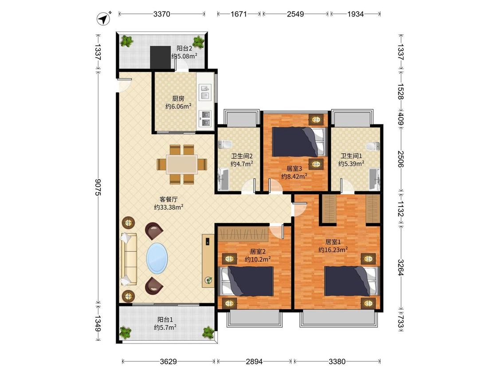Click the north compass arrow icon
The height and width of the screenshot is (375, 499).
(103, 19)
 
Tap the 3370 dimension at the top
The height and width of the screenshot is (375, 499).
(161, 14)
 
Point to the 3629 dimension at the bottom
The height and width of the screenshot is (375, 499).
(169, 361)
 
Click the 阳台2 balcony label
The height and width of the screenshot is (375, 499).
(184, 49)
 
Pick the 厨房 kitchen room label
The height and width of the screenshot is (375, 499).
(178, 99)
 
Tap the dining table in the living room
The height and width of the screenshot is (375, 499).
(182, 164)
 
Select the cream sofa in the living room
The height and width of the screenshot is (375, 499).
(129, 259)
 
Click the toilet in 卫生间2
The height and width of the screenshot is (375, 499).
(225, 144)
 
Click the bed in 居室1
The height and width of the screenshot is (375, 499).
(352, 281)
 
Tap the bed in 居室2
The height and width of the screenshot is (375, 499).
(247, 281)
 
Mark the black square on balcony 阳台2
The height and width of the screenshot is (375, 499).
(161, 57)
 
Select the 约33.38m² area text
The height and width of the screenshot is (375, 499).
(169, 207)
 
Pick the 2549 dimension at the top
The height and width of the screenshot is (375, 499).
(295, 14)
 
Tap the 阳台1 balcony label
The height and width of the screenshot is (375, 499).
(165, 319)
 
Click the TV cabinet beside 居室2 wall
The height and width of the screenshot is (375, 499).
(208, 261)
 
